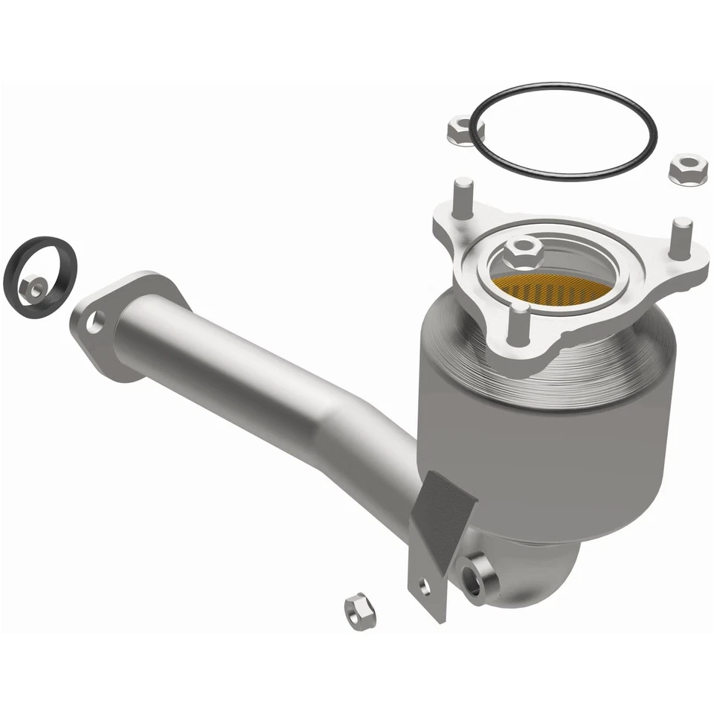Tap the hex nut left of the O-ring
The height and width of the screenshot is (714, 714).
pos(466,132)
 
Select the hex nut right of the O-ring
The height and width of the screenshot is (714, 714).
pos(687,170)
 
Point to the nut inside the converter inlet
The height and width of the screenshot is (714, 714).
pos(524,254)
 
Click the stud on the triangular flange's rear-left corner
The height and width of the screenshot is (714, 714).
pos(463,196)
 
